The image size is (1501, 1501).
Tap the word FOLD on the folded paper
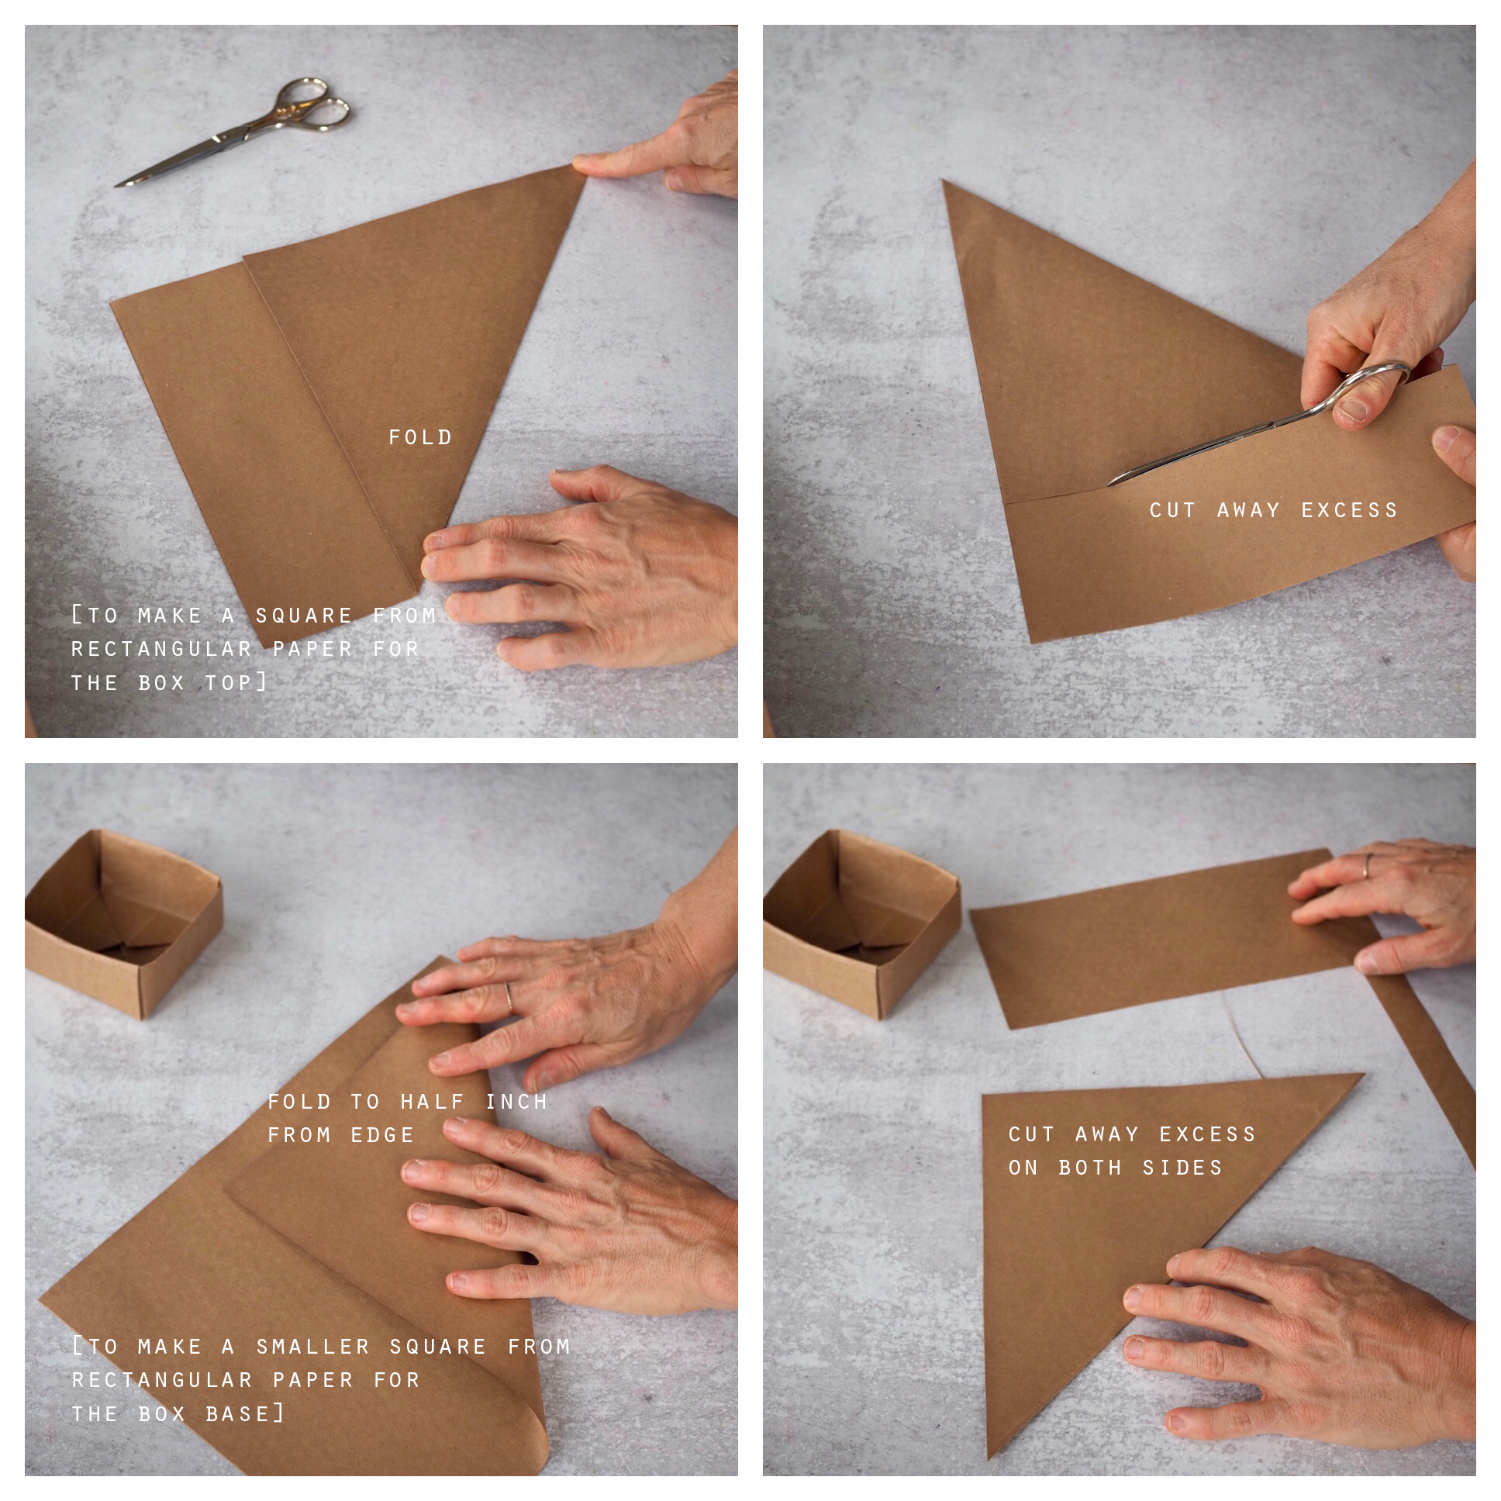coord(420,437)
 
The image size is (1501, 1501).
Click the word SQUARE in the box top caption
coord(305,616)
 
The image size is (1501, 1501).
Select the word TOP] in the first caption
coord(237,683)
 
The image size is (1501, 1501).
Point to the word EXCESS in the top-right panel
coord(1350,510)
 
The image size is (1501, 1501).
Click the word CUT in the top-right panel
coord(1174,510)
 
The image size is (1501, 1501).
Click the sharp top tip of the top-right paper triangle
coord(944,181)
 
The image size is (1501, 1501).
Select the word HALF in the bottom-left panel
coord(433,1102)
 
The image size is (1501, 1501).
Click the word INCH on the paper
coord(516,1102)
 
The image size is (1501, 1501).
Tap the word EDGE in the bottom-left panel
coord(382,1135)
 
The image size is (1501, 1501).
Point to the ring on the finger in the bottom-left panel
coord(508,997)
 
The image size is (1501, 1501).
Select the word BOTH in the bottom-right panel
coord(1091,1168)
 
